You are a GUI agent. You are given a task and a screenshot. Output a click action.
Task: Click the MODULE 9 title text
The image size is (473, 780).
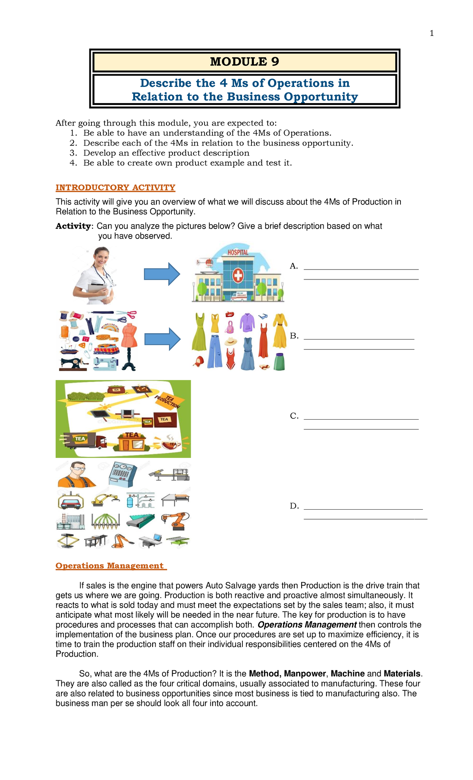(x=244, y=62)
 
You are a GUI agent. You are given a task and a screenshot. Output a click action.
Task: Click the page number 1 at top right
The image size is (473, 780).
(x=432, y=34)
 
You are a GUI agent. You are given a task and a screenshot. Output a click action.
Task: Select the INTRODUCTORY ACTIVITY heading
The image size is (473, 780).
(x=115, y=187)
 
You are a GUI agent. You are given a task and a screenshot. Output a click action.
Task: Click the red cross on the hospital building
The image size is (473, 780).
(x=238, y=276)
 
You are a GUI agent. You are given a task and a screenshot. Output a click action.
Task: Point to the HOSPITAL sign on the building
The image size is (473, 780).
(x=238, y=252)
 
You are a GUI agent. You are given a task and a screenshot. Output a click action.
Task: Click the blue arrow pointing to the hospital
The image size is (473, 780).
(x=162, y=274)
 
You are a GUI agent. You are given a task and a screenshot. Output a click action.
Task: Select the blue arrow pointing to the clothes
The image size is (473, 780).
(x=162, y=339)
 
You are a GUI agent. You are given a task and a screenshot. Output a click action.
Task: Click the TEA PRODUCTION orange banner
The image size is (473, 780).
(x=167, y=402)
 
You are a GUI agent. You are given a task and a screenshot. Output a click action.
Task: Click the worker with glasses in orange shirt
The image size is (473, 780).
(x=77, y=475)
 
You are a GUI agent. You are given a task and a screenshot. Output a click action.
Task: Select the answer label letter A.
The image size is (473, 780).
(x=293, y=266)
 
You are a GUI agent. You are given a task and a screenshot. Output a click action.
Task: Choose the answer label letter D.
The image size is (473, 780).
(x=294, y=506)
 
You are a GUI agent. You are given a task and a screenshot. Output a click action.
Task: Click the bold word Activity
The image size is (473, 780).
(x=73, y=226)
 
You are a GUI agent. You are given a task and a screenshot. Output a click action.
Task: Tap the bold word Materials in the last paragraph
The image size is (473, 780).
(x=402, y=673)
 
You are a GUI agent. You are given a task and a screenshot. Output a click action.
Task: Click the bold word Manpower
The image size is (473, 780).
(x=305, y=673)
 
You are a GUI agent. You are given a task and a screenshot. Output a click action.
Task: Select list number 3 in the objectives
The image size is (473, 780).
(x=73, y=153)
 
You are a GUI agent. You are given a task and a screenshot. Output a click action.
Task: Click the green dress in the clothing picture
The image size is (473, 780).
(x=199, y=332)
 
